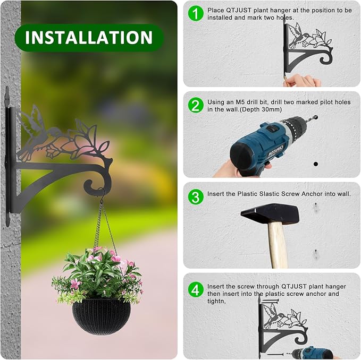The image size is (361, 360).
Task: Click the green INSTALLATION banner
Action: coord(89,38)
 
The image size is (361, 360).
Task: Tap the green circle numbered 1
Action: coord(196,14)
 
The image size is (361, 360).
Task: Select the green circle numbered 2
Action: coord(196,105)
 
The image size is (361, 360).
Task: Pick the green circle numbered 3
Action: coord(196,196)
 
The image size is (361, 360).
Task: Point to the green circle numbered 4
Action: coord(196,289)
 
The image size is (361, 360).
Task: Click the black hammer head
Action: coord(270,214)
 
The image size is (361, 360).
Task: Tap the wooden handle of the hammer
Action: coord(277,244)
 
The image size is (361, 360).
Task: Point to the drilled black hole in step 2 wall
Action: coord(315,164)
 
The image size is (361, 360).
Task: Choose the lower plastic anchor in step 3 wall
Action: coord(316,253)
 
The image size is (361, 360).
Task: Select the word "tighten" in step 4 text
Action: coord(217,301)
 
